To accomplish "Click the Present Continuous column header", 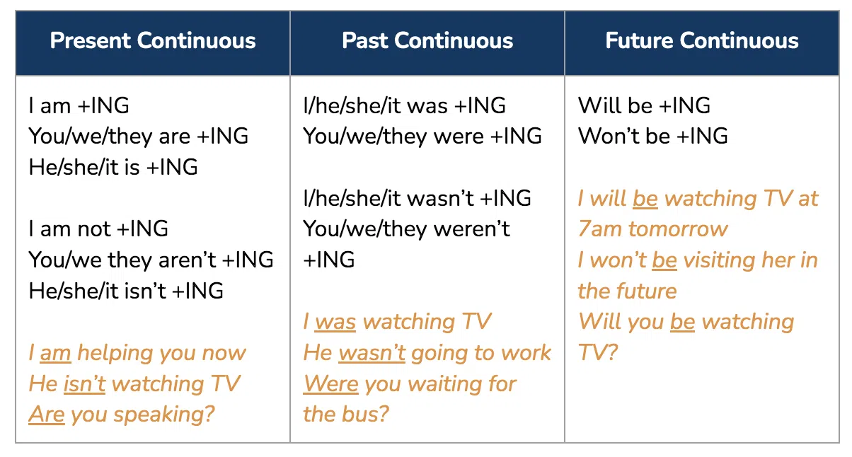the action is [x=153, y=41].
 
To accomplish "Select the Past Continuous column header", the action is [x=427, y=41].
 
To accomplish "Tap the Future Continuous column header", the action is [x=702, y=41].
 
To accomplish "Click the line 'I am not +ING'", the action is [x=98, y=229].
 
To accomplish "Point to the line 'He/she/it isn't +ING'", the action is [x=126, y=291].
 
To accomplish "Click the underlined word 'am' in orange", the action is [x=55, y=353].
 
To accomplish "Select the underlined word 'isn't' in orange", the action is [x=84, y=383].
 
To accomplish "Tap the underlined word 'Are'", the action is [x=47, y=415].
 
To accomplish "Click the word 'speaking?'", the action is [x=164, y=415].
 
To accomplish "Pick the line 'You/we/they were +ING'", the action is [x=422, y=137].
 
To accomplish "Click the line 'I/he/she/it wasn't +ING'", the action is [x=418, y=198].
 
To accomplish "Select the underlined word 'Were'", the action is [x=331, y=383].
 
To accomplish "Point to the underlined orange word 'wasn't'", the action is [x=372, y=353].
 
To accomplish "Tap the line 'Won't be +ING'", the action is [x=652, y=136].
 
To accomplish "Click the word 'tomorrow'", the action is [x=678, y=229].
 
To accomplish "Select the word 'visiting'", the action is [x=719, y=261].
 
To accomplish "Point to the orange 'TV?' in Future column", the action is [x=597, y=352].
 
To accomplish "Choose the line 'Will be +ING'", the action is [x=644, y=105].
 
